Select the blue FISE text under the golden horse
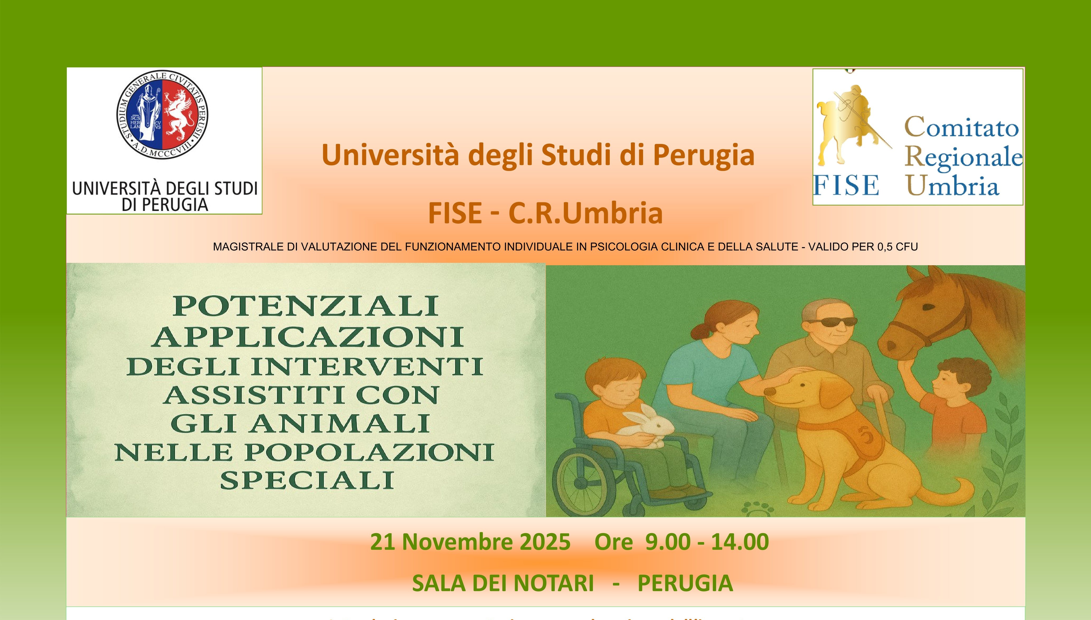(x=846, y=185)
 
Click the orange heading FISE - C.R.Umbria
(x=545, y=213)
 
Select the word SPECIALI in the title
(x=306, y=480)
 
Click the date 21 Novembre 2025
(x=470, y=542)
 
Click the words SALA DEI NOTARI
(x=503, y=583)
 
